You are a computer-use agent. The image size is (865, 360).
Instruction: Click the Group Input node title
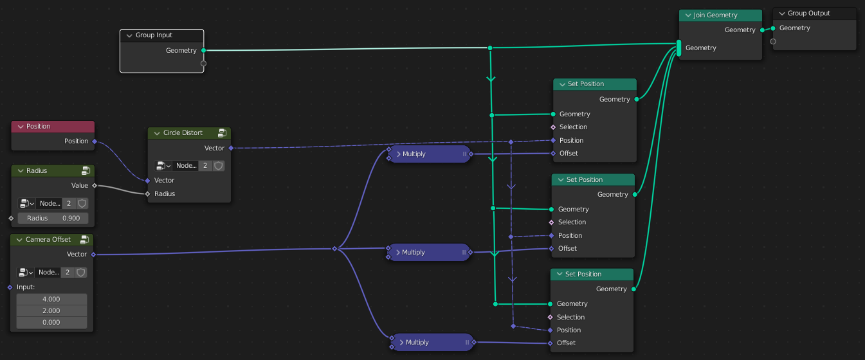[154, 35]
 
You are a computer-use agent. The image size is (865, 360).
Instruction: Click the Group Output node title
[808, 13]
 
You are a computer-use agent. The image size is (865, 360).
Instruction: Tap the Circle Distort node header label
[183, 133]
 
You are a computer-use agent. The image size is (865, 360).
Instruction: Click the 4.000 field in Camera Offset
[51, 299]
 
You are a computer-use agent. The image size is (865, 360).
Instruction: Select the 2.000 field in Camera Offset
[51, 311]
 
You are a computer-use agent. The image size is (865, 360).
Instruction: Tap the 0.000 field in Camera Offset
[51, 323]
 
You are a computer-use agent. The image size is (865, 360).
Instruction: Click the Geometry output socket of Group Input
[203, 50]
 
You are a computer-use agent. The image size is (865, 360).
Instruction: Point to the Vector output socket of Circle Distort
[231, 148]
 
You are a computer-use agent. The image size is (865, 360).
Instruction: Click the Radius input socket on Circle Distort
[147, 194]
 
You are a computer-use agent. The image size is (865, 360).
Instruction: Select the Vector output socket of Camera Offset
[94, 255]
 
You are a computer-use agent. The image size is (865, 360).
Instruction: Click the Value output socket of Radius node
[95, 185]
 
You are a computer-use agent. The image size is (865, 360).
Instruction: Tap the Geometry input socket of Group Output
[773, 28]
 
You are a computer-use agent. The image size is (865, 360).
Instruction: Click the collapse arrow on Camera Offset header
[19, 240]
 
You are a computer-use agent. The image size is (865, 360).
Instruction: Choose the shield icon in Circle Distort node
[219, 166]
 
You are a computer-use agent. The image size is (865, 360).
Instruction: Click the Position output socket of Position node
[95, 141]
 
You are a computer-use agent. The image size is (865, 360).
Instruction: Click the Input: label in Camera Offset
[26, 287]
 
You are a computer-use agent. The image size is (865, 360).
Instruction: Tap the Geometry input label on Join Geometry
[700, 48]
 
